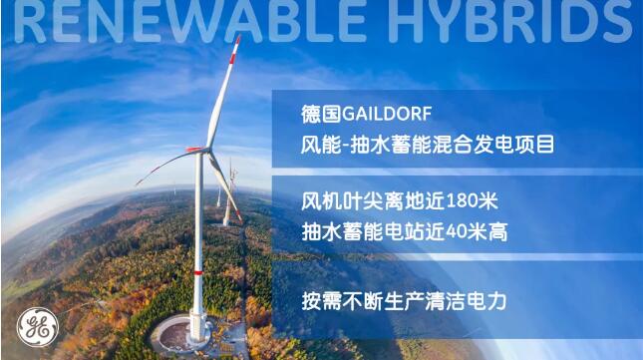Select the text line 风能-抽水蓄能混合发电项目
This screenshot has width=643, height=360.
[x=427, y=145]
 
